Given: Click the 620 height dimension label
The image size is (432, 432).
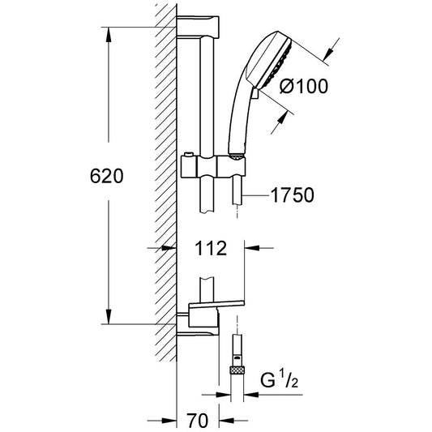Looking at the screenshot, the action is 107,176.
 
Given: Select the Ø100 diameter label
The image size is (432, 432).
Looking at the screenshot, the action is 304,86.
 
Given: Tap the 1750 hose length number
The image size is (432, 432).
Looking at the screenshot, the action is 293,195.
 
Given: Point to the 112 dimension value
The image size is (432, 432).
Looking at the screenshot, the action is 211,248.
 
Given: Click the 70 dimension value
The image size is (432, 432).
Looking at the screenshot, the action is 197,421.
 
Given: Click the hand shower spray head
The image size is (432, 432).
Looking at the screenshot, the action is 269,61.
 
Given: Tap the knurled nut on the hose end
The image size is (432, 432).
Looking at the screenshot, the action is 237,370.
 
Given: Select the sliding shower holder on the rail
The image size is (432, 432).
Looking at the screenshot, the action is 213,166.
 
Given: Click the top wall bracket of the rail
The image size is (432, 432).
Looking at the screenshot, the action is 198,26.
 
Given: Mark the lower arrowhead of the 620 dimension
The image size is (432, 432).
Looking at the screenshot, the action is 109,317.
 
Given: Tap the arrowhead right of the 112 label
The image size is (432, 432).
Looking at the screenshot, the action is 252,248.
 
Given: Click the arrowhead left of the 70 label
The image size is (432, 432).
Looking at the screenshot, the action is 169,421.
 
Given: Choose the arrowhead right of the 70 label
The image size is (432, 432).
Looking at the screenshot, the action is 226,421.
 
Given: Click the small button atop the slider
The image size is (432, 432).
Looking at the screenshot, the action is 188,154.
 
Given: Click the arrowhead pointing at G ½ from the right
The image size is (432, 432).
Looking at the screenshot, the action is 251,395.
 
